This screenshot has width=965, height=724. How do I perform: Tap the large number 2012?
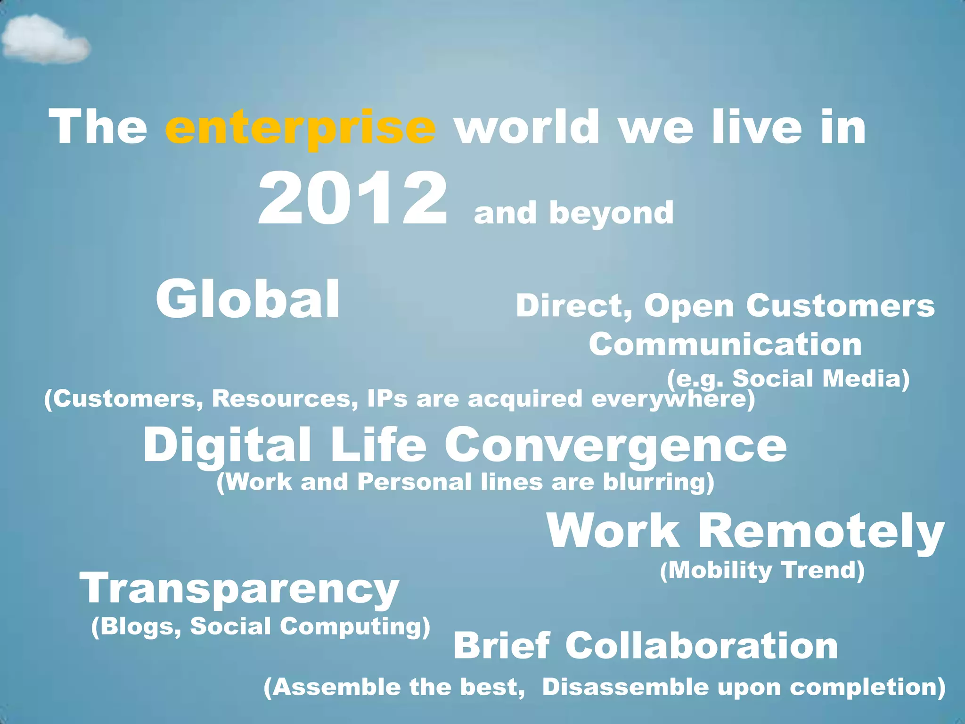(x=352, y=199)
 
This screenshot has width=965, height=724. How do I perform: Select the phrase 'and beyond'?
(x=573, y=213)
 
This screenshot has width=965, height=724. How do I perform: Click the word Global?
(x=248, y=299)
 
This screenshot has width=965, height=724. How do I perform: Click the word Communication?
(x=725, y=345)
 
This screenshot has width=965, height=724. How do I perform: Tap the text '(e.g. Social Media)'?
(x=788, y=378)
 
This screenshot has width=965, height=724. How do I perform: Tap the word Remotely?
(x=821, y=532)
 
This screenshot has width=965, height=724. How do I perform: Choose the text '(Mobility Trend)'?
(x=762, y=570)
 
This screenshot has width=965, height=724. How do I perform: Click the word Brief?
(x=501, y=646)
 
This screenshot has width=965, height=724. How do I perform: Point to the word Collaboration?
(x=701, y=646)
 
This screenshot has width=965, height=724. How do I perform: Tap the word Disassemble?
(x=625, y=687)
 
